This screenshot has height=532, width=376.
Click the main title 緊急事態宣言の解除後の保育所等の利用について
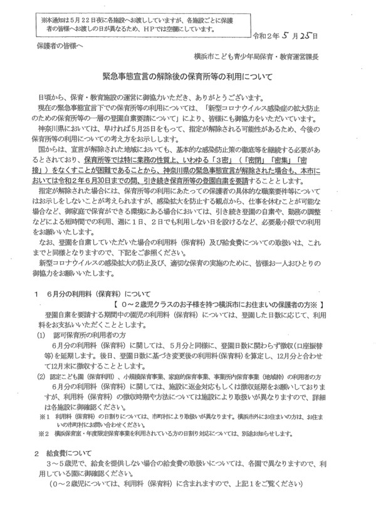pyautogui.click(x=187, y=75)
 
